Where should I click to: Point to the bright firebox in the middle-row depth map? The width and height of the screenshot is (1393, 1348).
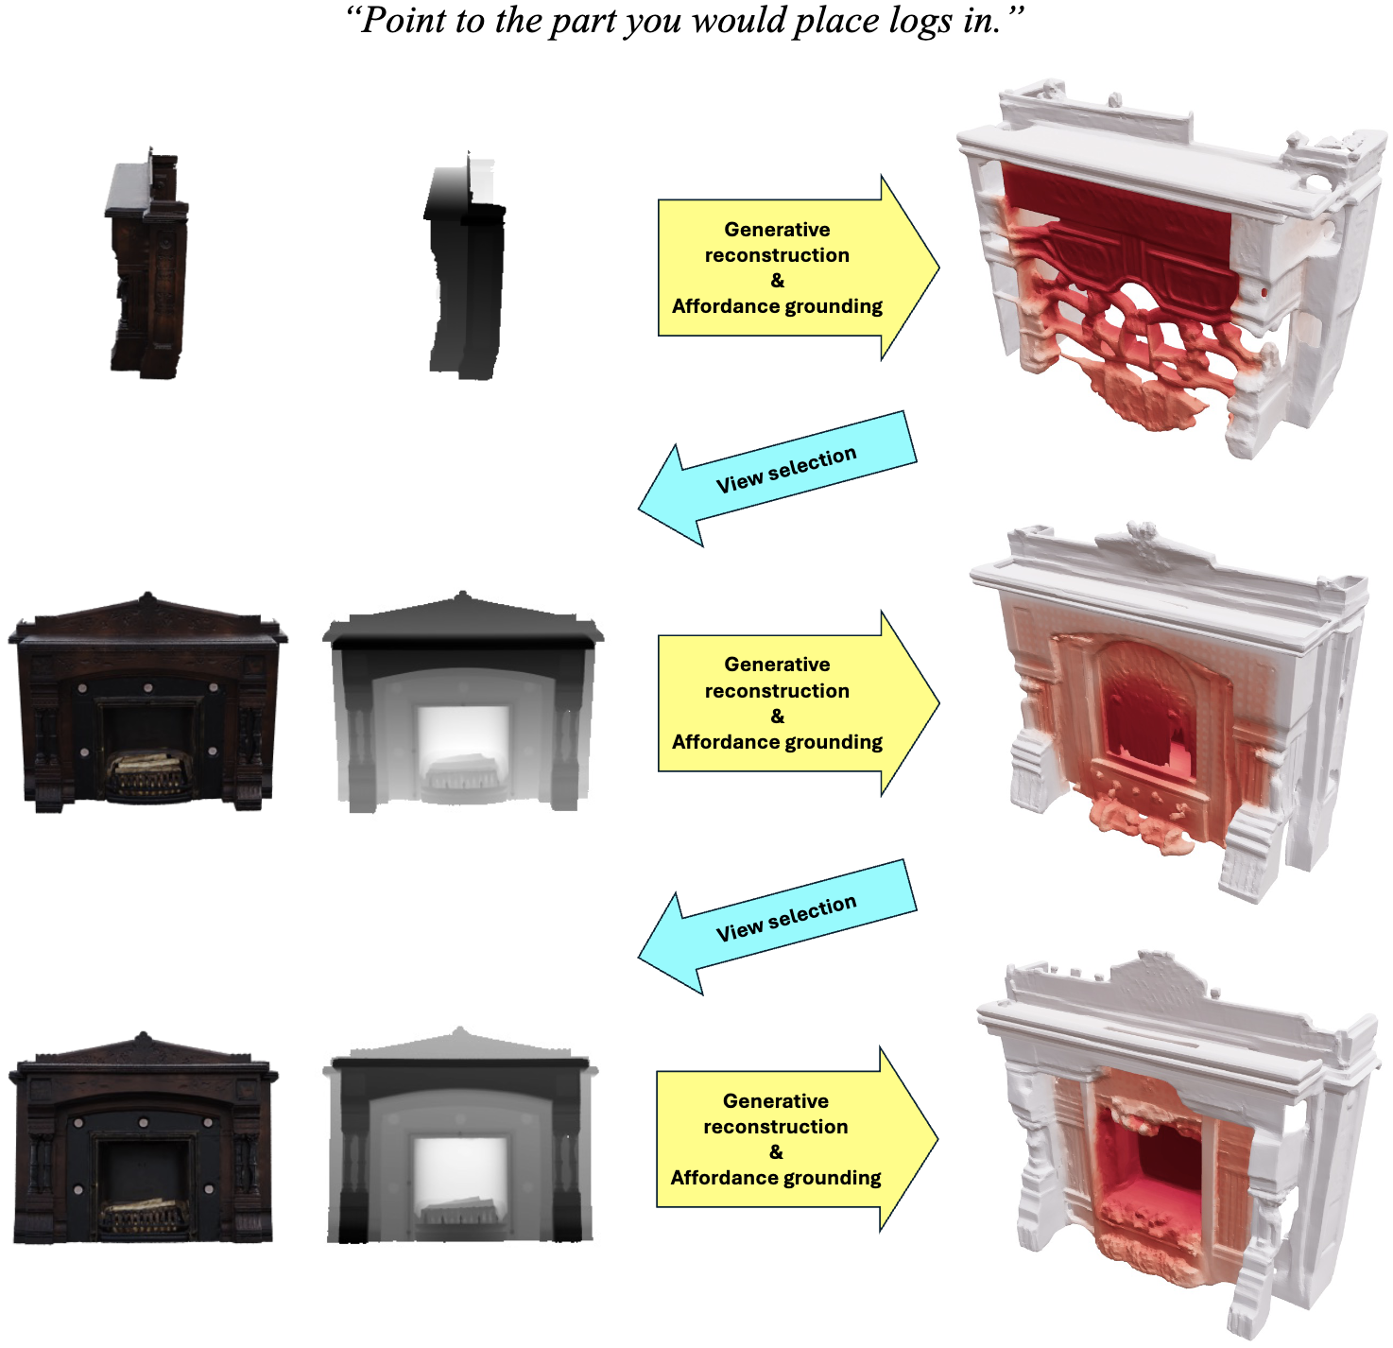click(463, 733)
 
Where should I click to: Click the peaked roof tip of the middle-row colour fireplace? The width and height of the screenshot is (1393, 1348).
click(146, 597)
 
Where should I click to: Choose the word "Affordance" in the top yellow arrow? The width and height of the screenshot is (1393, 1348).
click(726, 306)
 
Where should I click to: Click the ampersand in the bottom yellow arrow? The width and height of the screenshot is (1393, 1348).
click(776, 1151)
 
